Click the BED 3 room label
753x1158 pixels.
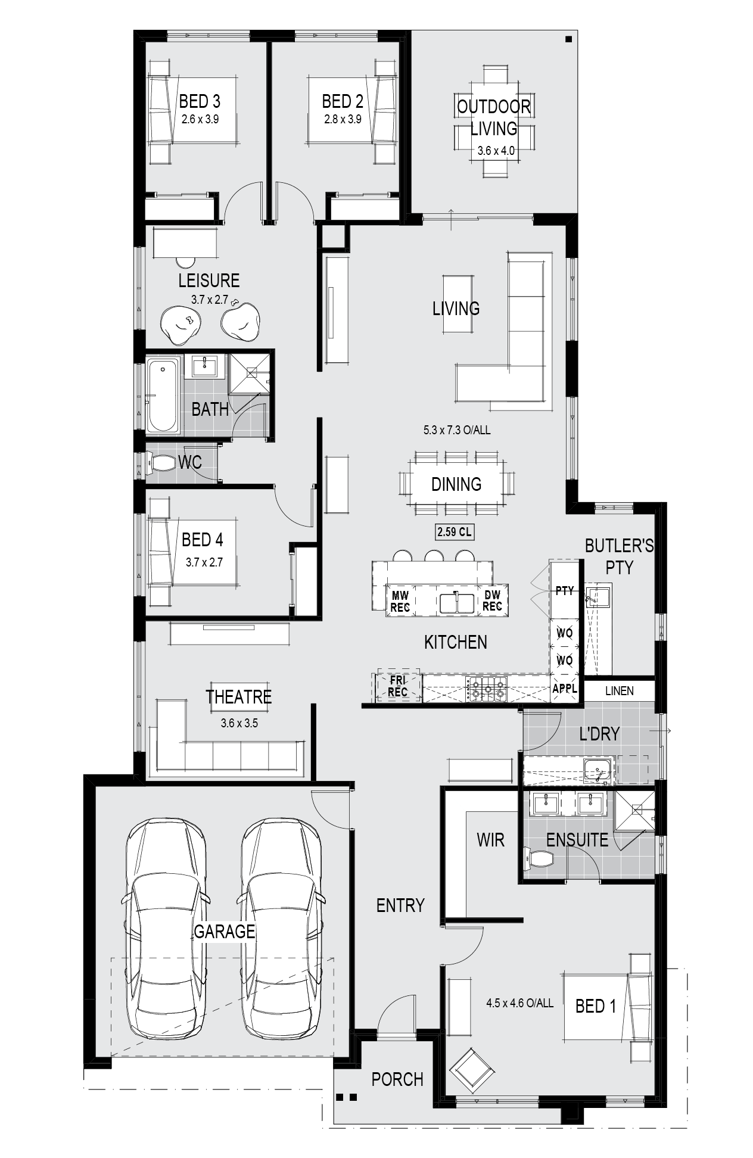(200, 101)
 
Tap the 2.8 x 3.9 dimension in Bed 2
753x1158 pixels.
(343, 119)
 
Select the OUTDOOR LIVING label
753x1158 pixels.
(494, 117)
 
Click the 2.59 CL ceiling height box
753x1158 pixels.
(455, 532)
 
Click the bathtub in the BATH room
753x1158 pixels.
(162, 394)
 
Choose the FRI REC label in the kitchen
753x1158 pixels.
(397, 686)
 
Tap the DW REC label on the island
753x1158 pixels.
(492, 600)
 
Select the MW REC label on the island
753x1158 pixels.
(400, 601)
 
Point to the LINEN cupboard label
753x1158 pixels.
(619, 691)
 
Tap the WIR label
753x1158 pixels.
(490, 840)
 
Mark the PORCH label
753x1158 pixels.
(397, 1079)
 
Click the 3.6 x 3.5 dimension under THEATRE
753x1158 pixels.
(239, 724)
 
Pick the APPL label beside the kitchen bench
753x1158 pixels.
(565, 689)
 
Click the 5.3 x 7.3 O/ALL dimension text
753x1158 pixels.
(457, 430)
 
